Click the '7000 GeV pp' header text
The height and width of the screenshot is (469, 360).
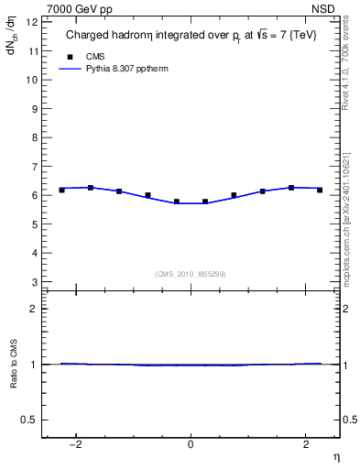point(80,9)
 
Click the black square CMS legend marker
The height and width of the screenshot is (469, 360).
point(71,55)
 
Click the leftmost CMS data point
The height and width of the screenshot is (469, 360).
point(61,190)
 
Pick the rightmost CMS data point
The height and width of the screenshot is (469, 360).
point(320,190)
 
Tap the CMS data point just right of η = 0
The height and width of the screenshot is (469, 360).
point(205,202)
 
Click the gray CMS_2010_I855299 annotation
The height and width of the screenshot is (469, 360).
point(191,274)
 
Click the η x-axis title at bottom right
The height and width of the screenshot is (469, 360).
point(334,456)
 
